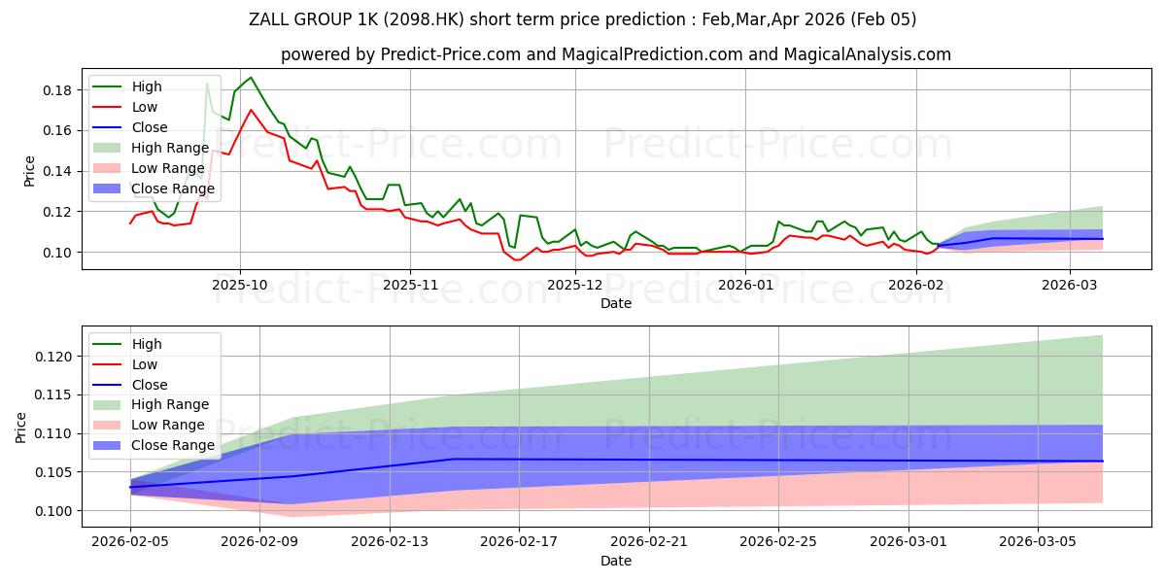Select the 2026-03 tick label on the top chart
coord(1070,285)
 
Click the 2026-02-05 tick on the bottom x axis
coord(130,541)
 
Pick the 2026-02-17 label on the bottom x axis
coord(519,541)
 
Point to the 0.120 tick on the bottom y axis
coord(53,357)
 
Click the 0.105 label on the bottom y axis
coord(53,472)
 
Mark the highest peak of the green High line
coord(251,78)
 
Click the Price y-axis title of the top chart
coord(29,171)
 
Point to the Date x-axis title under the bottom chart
coord(616,562)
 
